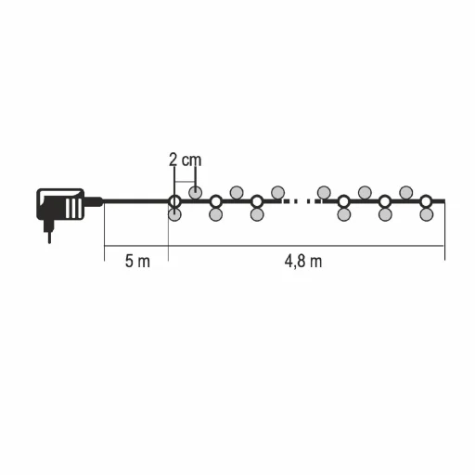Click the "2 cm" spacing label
click(186, 160)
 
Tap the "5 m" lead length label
click(137, 261)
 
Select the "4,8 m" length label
click(303, 262)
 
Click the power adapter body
click(60, 204)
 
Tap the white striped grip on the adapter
click(73, 207)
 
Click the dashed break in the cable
click(302, 201)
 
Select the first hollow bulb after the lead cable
click(174, 201)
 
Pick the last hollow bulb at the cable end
click(426, 201)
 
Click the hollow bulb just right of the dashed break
click(343, 201)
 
